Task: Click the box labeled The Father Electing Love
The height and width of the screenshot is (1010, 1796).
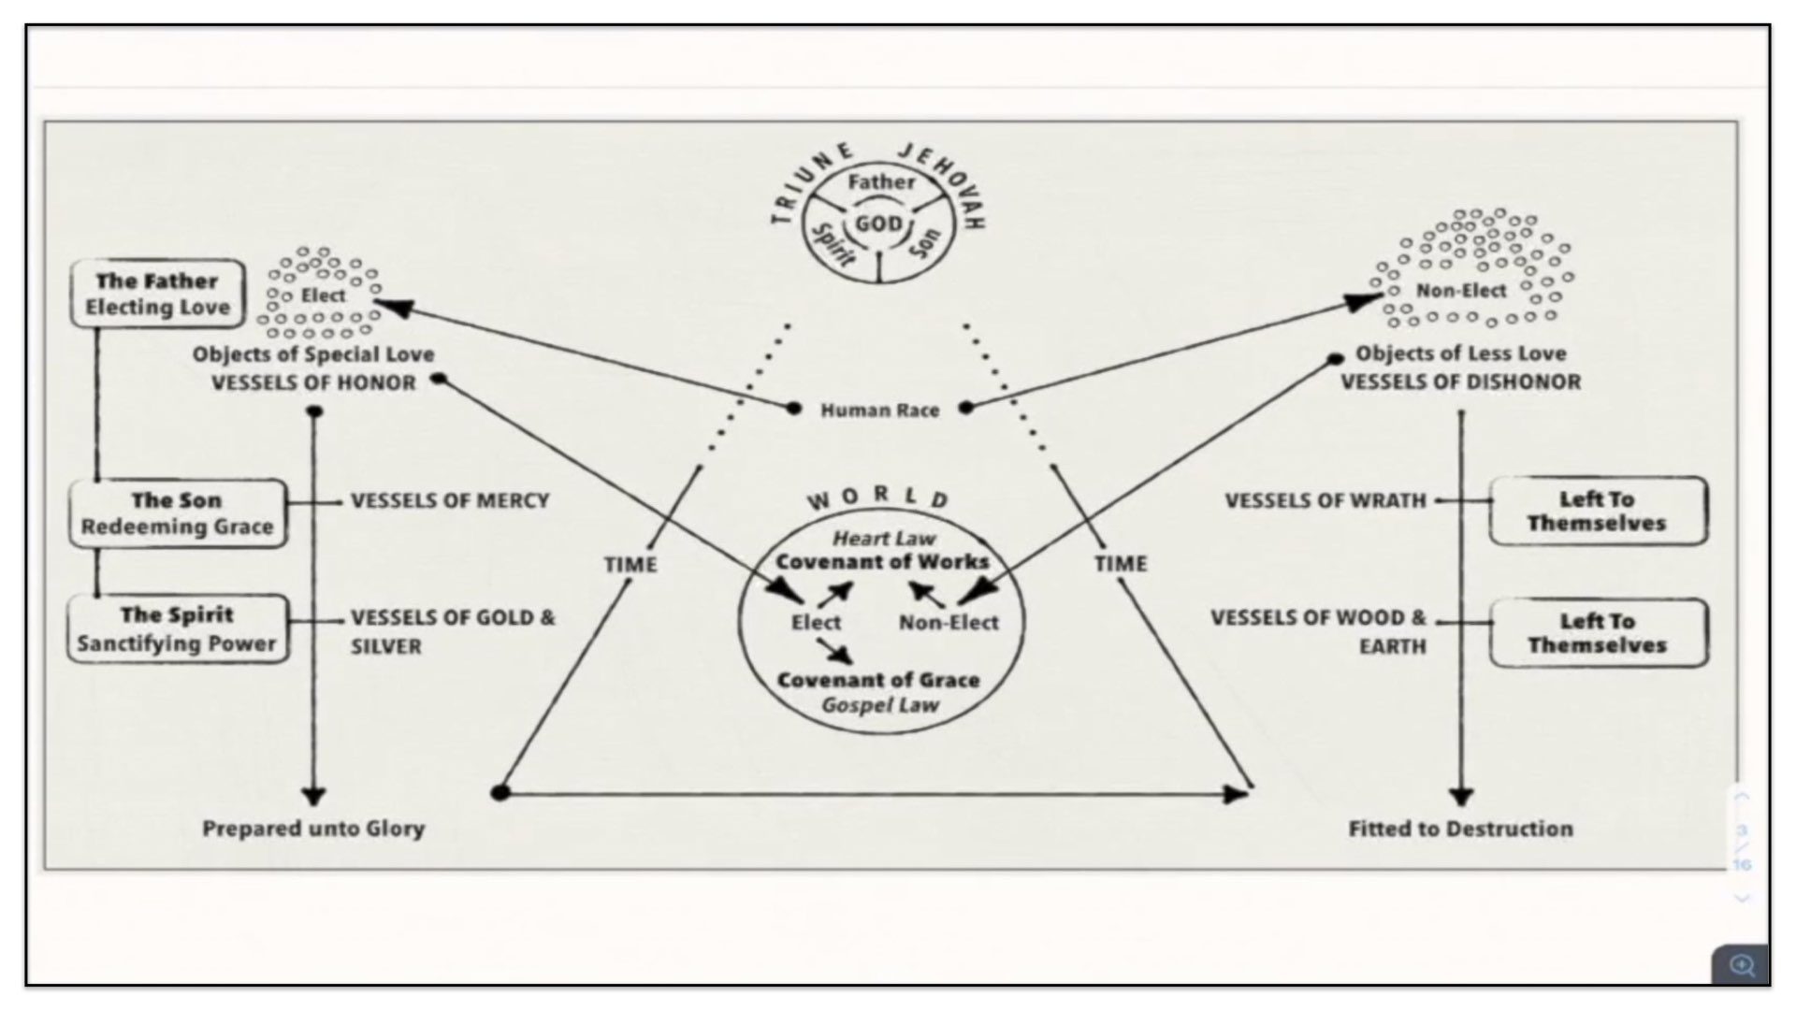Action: tap(158, 294)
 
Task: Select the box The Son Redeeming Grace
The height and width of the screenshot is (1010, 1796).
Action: tap(177, 513)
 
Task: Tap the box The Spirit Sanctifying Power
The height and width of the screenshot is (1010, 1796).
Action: tap(178, 628)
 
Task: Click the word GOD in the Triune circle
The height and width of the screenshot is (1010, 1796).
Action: tap(878, 224)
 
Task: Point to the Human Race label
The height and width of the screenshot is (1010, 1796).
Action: tap(879, 410)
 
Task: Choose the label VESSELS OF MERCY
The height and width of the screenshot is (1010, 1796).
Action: tap(449, 500)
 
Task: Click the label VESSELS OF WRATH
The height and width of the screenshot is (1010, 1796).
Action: tap(1325, 500)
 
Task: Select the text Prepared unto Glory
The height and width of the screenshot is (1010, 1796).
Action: tap(313, 829)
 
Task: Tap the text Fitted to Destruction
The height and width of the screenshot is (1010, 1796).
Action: tap(1460, 829)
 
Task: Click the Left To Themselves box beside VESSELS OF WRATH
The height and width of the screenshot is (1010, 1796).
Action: tap(1598, 511)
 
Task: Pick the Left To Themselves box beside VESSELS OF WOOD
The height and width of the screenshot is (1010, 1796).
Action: tap(1598, 633)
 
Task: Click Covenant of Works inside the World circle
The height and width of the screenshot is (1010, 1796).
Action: tap(882, 561)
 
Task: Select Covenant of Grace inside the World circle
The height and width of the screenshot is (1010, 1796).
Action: tap(877, 680)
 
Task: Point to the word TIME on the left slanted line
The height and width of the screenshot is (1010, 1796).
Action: tap(630, 564)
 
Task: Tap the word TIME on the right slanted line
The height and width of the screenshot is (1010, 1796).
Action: tap(1120, 563)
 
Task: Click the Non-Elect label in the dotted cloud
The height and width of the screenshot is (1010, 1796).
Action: tap(1461, 291)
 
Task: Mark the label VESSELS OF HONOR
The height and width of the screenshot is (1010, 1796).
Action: tap(313, 382)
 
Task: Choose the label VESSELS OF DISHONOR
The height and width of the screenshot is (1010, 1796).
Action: tap(1460, 382)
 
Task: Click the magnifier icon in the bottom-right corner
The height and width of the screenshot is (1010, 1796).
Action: tap(1741, 964)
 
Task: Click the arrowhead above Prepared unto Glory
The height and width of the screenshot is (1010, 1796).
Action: tap(313, 797)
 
